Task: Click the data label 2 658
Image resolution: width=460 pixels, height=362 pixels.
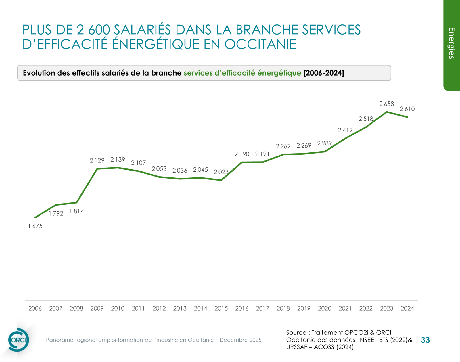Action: (386, 104)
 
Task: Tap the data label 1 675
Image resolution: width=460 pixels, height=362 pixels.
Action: (35, 226)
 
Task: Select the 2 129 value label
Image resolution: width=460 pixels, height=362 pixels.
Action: (97, 160)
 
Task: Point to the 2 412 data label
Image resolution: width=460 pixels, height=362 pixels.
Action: (345, 130)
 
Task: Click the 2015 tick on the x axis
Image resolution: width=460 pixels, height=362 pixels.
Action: (221, 308)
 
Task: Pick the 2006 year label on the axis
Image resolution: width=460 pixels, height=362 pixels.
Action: (35, 308)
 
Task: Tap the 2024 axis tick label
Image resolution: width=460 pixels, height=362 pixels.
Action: (407, 308)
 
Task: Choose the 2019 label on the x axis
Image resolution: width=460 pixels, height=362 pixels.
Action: (304, 308)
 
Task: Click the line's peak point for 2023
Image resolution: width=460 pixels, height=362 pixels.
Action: (387, 112)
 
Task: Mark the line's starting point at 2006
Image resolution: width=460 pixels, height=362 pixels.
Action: (35, 217)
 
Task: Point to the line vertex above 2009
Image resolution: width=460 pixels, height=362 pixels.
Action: (97, 169)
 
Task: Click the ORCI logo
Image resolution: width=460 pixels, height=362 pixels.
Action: (19, 340)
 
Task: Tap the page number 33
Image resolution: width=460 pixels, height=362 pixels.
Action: (425, 340)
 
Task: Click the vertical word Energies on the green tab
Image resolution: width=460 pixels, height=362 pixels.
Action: (452, 43)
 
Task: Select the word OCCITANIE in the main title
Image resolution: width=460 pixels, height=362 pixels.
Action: (260, 44)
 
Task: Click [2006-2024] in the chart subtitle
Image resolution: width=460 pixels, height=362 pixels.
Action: (324, 73)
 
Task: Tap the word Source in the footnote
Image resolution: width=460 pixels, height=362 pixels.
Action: (296, 332)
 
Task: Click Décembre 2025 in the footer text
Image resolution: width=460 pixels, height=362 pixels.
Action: (240, 340)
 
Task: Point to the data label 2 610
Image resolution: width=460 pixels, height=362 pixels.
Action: (407, 109)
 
